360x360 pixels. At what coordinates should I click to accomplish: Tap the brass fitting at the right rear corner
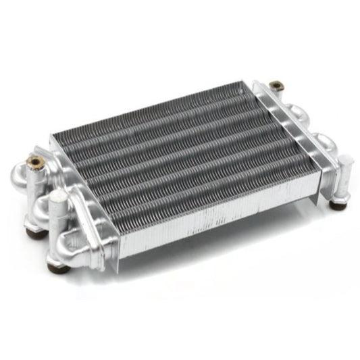pyautogui.click(x=274, y=86)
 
